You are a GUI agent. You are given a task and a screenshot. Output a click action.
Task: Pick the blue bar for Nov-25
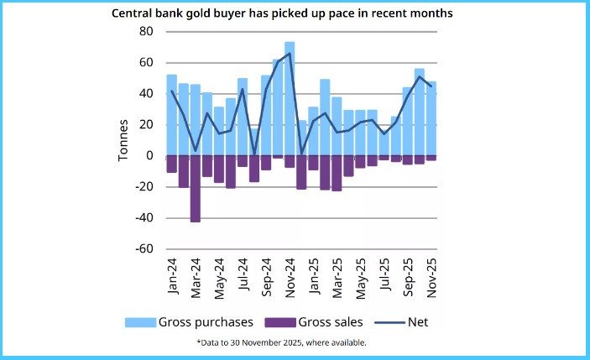[431, 118]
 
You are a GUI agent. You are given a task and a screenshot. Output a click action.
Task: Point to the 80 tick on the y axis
[147, 32]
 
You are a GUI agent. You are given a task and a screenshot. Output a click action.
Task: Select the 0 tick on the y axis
[149, 156]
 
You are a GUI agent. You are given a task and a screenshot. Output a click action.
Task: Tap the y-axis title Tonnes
[124, 139]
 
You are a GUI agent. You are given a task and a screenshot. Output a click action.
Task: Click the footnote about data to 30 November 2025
[294, 342]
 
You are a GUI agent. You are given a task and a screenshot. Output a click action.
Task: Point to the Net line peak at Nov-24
[290, 54]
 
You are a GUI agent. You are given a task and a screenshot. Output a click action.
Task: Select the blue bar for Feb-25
[325, 117]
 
